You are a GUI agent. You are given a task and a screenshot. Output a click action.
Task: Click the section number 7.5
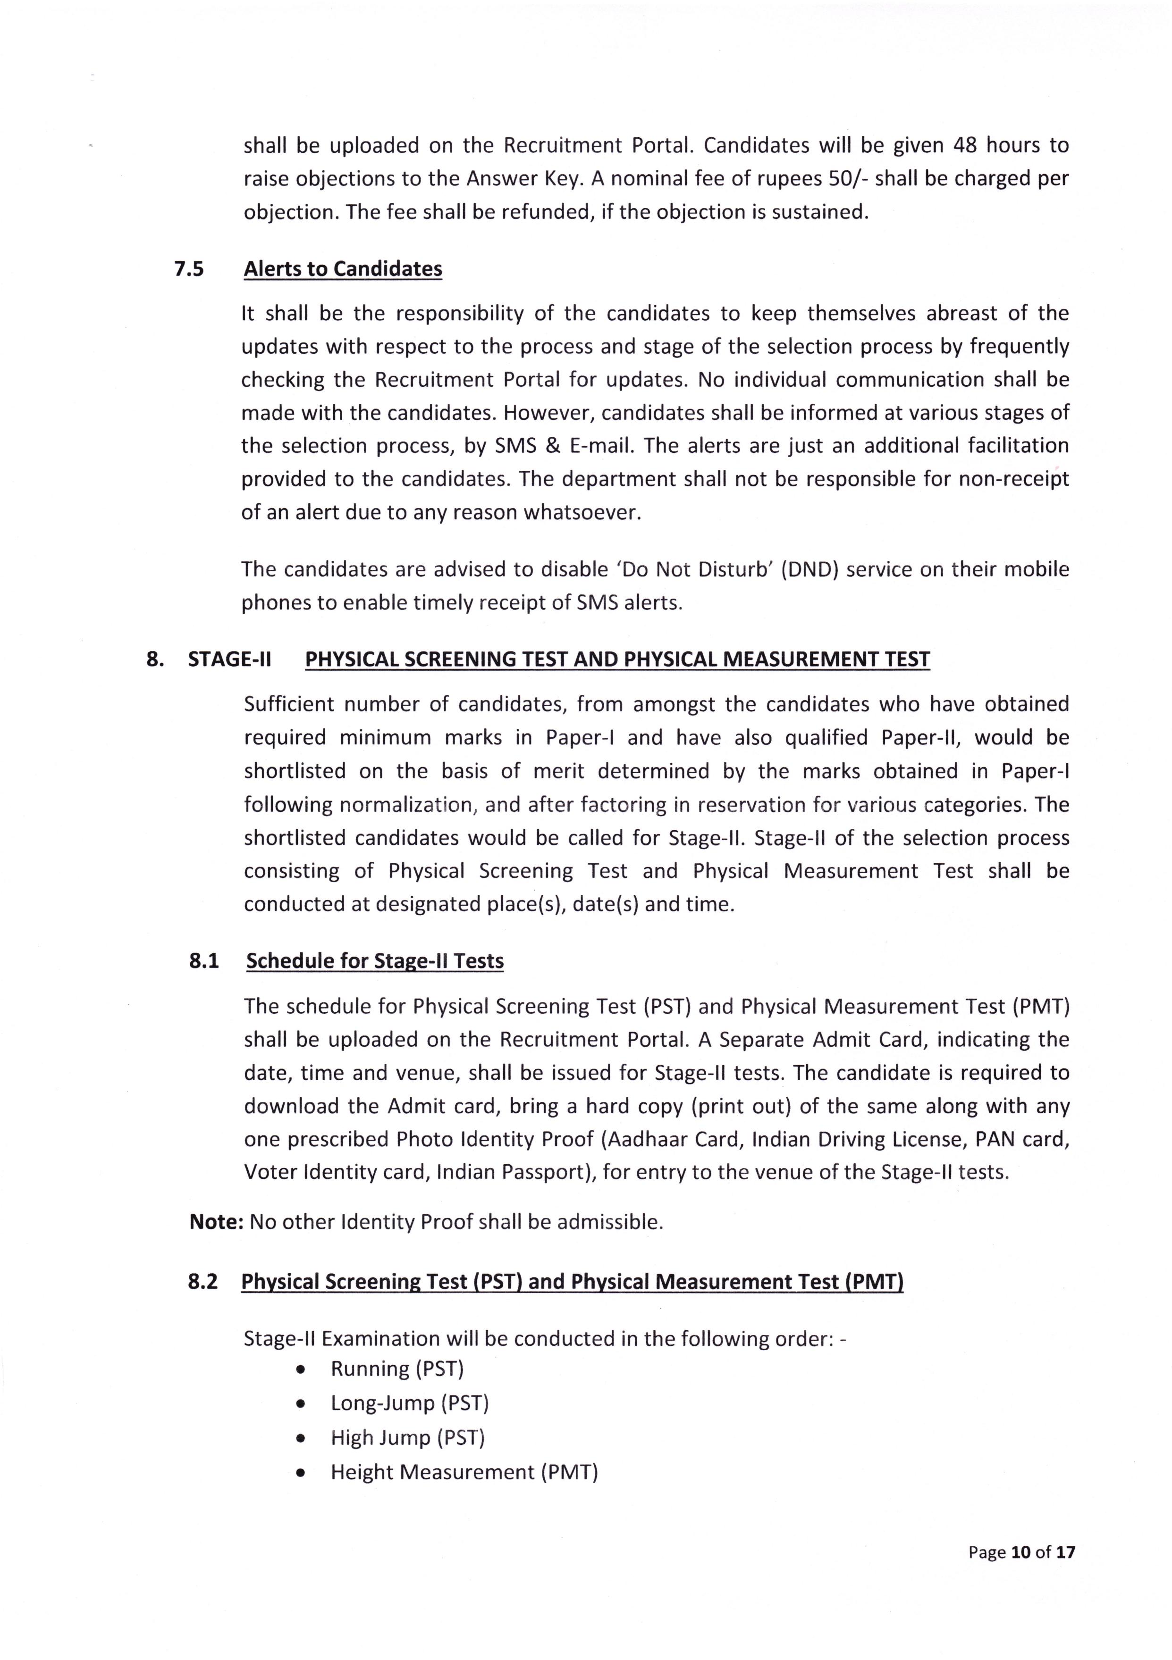pos(189,269)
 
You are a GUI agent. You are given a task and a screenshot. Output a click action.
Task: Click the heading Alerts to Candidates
pos(343,269)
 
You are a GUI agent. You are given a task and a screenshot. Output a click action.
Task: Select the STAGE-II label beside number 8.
pos(229,659)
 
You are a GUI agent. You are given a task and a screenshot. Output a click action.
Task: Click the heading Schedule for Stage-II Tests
pos(375,961)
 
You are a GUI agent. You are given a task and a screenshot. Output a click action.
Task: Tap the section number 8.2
pos(202,1282)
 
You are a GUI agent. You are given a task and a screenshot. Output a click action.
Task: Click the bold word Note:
pos(216,1222)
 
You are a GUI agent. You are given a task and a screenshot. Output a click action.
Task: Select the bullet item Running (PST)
pos(396,1368)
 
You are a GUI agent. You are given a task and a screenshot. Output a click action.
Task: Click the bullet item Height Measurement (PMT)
pos(464,1472)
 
